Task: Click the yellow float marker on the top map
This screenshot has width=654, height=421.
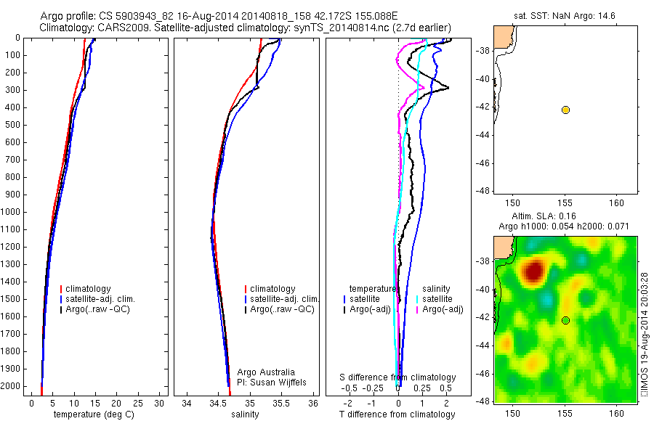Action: pos(565,110)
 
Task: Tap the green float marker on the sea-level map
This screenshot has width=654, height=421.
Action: pos(565,320)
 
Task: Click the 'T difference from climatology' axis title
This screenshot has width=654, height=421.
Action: pos(397,414)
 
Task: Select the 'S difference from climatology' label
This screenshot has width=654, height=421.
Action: pos(398,377)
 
